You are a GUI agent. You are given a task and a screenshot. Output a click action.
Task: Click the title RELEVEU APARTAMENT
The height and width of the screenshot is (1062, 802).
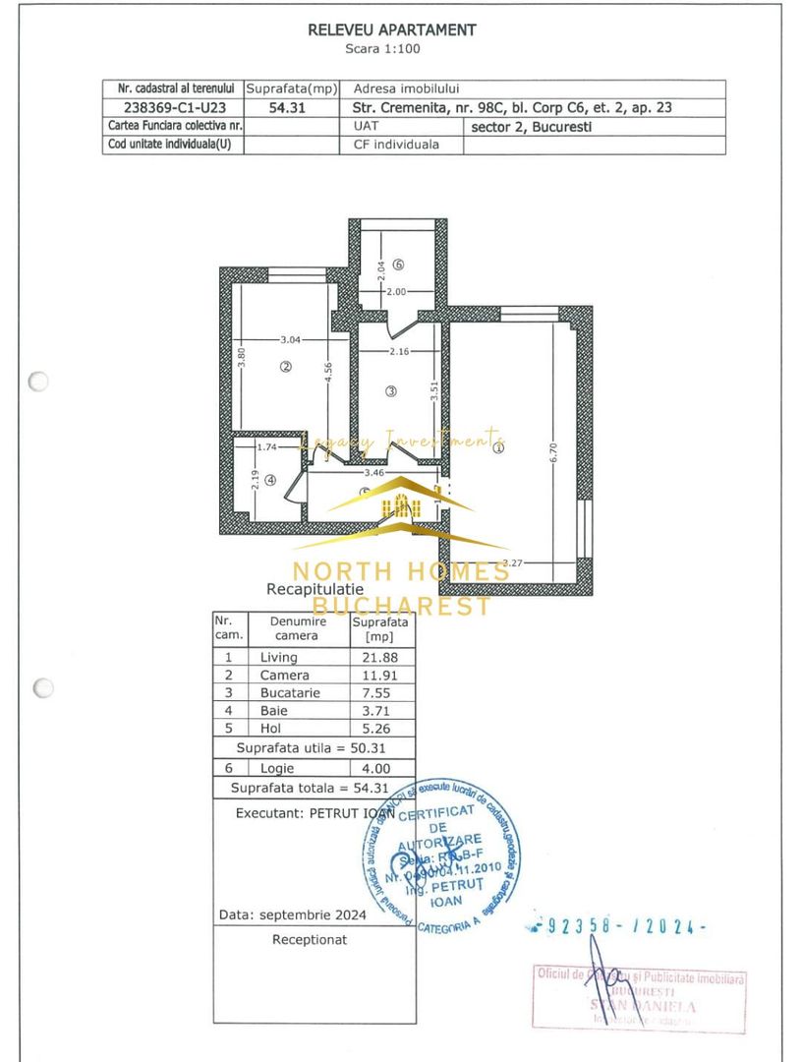tap(392, 30)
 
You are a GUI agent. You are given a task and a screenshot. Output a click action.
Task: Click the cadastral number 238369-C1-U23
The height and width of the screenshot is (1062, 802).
tap(173, 108)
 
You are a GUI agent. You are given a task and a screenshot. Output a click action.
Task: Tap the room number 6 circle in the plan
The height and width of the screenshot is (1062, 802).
tap(398, 264)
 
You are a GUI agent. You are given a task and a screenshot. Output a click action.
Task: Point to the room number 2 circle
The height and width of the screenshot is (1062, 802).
tap(286, 367)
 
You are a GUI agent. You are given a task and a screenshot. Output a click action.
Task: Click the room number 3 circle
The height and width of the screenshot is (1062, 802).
tap(390, 391)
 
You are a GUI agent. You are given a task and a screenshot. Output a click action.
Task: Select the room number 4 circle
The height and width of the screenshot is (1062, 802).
tap(269, 480)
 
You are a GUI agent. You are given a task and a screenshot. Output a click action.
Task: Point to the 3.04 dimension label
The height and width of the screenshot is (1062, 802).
tap(290, 339)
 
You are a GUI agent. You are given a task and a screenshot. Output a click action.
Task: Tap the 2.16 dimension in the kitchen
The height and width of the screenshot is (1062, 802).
tap(399, 351)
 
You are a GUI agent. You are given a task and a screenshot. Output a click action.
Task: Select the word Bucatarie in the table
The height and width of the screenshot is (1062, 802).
tap(285, 693)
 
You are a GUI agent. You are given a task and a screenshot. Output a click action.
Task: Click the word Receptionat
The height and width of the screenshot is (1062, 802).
tap(310, 940)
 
